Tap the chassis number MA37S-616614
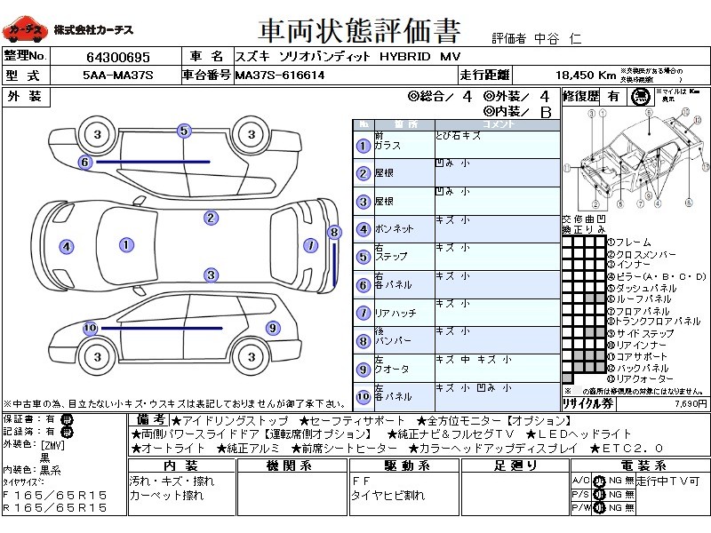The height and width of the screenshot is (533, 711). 280,76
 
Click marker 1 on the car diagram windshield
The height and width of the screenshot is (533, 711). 126,244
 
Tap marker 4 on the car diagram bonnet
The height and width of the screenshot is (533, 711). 65,246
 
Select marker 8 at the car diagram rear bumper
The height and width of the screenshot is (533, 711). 334,233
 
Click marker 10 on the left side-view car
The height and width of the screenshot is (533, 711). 89,328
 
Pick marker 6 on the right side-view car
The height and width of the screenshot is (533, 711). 85,162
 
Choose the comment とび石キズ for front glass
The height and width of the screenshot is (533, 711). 459,136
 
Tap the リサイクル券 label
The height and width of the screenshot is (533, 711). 588,402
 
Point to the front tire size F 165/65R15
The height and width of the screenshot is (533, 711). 55,495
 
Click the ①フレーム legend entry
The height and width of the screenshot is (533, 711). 630,243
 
